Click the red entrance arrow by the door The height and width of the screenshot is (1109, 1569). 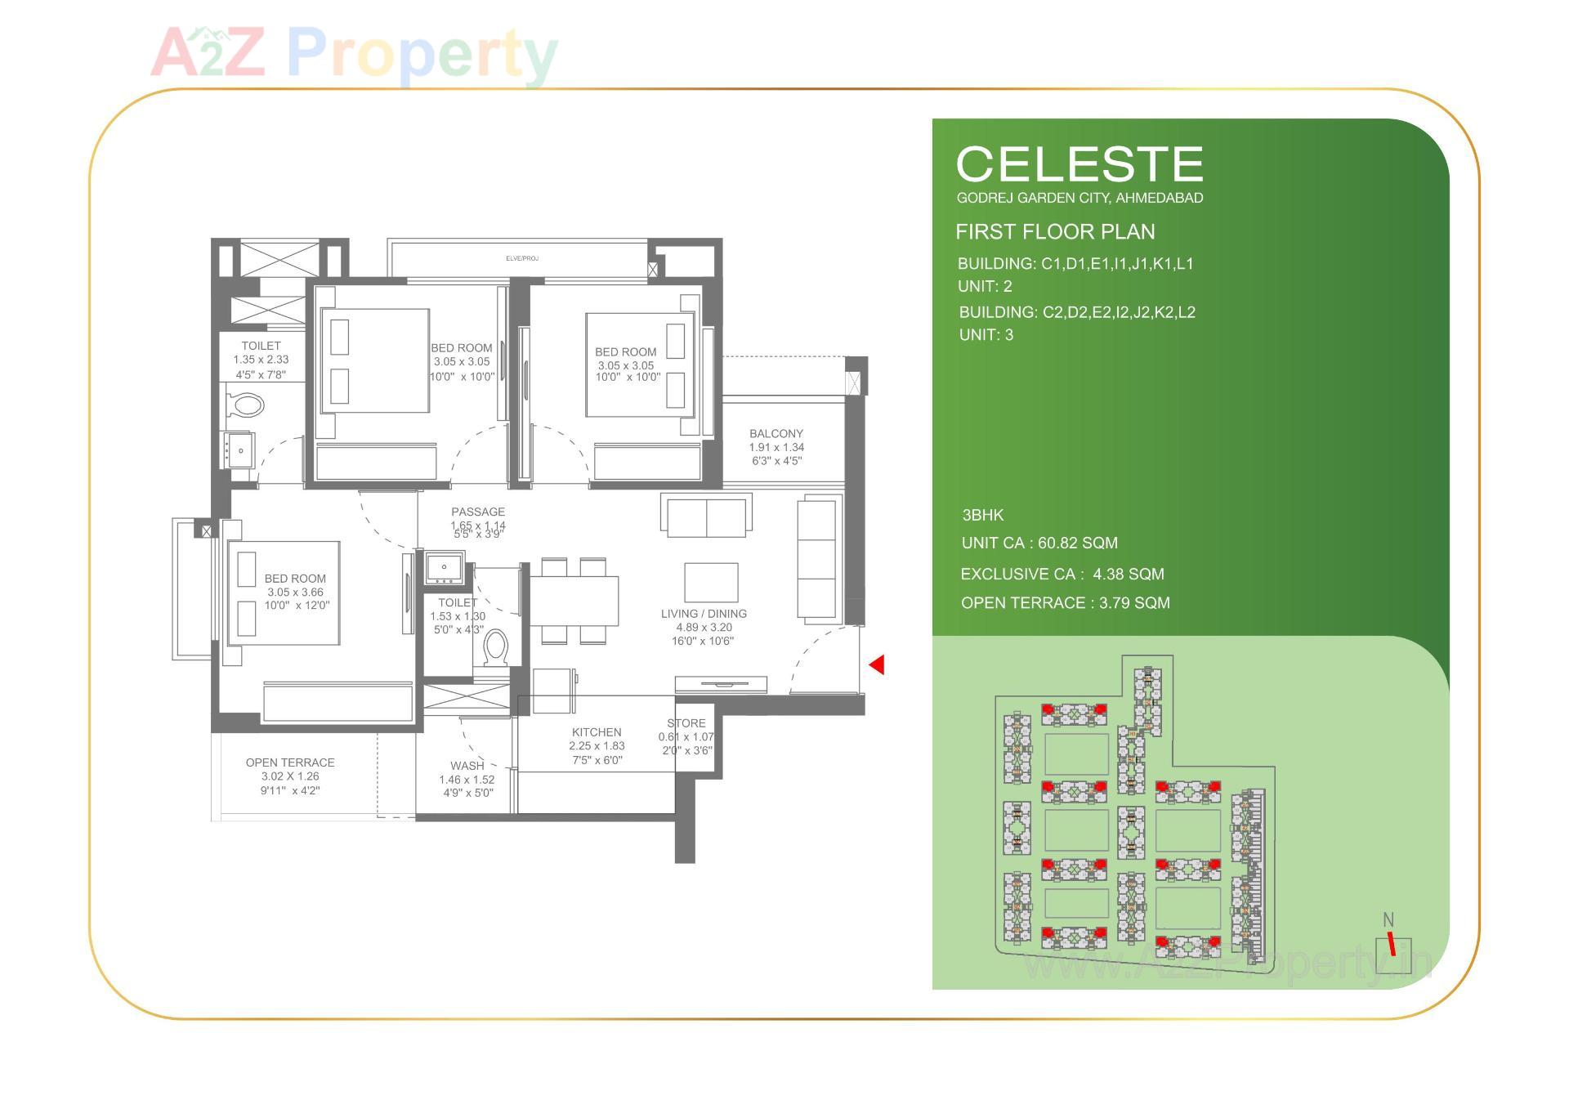[877, 664]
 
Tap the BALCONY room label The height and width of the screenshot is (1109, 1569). [776, 434]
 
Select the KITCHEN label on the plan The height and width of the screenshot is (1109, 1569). [597, 732]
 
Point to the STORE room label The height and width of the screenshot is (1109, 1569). [686, 723]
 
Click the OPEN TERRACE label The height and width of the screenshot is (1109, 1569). [290, 762]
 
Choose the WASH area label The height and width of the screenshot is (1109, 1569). [467, 766]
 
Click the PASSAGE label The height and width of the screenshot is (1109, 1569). [478, 512]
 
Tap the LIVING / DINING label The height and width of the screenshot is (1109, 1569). [704, 614]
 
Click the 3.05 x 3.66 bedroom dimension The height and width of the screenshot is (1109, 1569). [295, 593]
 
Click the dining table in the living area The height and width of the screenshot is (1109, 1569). [574, 601]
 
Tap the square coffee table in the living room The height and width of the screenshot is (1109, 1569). [711, 582]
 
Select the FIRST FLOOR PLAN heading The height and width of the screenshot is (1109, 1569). [1055, 232]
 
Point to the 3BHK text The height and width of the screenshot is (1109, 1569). [982, 516]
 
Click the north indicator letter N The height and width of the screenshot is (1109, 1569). [1388, 920]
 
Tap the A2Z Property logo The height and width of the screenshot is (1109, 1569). [354, 54]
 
